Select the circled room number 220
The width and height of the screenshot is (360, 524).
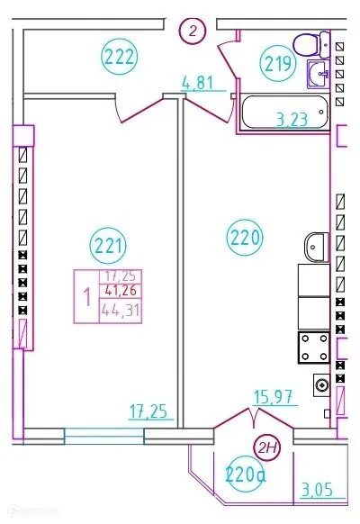pyautogui.click(x=244, y=239)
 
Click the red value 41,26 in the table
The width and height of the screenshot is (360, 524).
pyautogui.click(x=120, y=291)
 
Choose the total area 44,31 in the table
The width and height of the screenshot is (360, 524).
pyautogui.click(x=120, y=312)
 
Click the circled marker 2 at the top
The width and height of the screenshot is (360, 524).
pyautogui.click(x=192, y=32)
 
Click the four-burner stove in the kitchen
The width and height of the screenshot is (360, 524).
pyautogui.click(x=314, y=348)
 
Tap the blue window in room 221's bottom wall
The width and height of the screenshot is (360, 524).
pyautogui.click(x=103, y=436)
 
